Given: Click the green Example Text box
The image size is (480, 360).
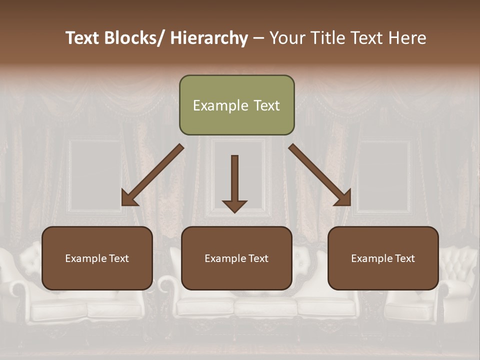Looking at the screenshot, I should [x=236, y=105].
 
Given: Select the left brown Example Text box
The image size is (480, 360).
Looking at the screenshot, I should [x=97, y=258].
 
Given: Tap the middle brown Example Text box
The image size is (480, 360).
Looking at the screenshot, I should [x=236, y=258].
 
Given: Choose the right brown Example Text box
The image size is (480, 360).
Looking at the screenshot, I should [x=383, y=258].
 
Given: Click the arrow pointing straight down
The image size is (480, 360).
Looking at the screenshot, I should [x=234, y=180].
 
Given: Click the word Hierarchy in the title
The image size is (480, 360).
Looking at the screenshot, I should [x=209, y=38].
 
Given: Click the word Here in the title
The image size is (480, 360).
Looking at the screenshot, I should [x=407, y=38].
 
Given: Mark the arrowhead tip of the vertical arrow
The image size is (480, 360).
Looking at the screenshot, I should [x=234, y=212].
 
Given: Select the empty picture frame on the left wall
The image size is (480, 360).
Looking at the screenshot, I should [x=95, y=175].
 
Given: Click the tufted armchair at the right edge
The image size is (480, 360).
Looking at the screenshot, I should [x=457, y=285].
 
